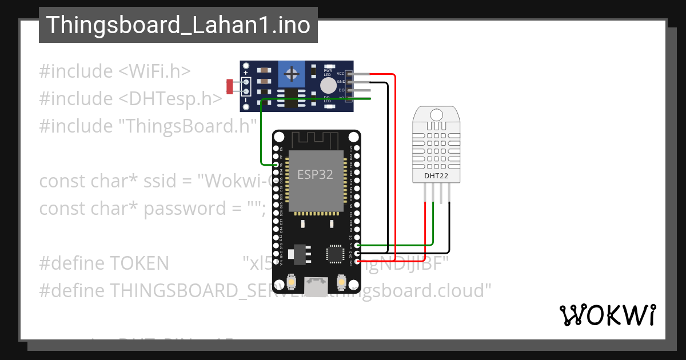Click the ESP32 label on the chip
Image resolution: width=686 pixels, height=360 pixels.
[x=315, y=174]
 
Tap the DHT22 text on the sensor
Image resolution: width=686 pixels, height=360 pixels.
[x=436, y=176]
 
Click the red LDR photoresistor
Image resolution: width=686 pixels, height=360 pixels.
[x=230, y=87]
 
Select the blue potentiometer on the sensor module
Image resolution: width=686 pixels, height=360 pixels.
[x=292, y=74]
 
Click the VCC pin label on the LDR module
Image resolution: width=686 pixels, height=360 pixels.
[x=341, y=74]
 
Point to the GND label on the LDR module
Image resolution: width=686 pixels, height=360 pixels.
[x=341, y=82]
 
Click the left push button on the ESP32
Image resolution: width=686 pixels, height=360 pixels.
[x=292, y=282]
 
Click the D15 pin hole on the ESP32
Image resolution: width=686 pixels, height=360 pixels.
[x=357, y=245]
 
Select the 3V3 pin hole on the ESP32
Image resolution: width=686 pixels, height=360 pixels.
[x=357, y=261]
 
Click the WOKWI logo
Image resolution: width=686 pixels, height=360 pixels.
[x=607, y=315]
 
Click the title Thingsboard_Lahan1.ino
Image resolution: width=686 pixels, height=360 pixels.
[x=178, y=25]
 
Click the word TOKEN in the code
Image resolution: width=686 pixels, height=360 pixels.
[x=139, y=263]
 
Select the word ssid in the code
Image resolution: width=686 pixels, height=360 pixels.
[x=171, y=181]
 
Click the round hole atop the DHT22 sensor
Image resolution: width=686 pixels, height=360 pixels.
[x=436, y=115]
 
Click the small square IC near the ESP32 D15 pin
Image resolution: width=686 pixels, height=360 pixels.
[x=333, y=253]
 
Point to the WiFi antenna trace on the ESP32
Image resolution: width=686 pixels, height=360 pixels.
[x=316, y=139]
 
